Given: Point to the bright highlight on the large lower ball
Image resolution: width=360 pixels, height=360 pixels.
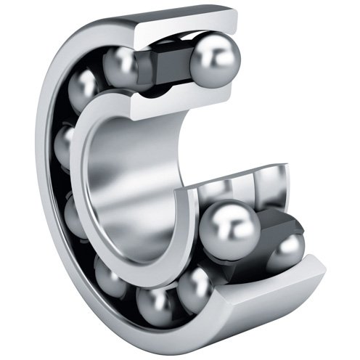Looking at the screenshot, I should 221,218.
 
